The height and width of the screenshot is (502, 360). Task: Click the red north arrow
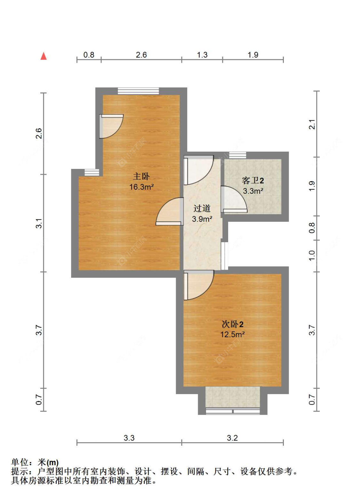(x=44, y=56)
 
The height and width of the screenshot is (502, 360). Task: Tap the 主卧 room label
(x=141, y=176)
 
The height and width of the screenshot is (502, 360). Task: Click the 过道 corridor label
(x=202, y=208)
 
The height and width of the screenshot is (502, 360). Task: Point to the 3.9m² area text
(x=202, y=219)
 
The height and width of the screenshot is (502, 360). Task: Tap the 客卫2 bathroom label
(x=253, y=180)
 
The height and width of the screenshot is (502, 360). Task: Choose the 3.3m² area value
(x=253, y=191)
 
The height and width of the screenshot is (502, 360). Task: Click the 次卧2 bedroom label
(x=232, y=324)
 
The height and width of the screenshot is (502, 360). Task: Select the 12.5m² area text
(x=232, y=335)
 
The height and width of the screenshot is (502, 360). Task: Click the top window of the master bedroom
(x=139, y=91)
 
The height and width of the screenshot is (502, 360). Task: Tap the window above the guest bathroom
(x=238, y=155)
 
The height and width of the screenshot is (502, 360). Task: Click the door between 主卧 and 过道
(x=170, y=211)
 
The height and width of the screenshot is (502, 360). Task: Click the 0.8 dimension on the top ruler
(x=89, y=55)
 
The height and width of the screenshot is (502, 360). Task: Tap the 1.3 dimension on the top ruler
(x=202, y=55)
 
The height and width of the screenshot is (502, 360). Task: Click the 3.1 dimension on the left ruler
(x=39, y=223)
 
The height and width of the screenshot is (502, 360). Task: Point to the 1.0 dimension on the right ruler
(x=312, y=256)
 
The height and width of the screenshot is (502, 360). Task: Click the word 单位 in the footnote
(x=20, y=462)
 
